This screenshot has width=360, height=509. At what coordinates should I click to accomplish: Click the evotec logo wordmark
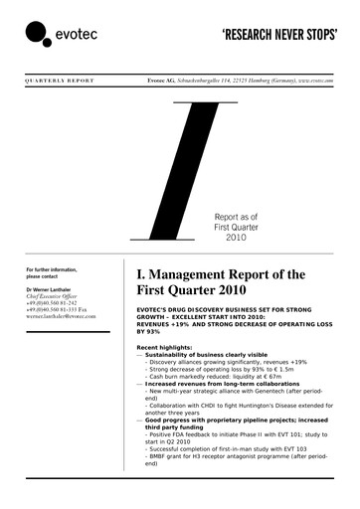pyautogui.click(x=76, y=37)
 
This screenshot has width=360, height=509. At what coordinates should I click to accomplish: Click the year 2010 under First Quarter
pyautogui.click(x=235, y=239)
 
